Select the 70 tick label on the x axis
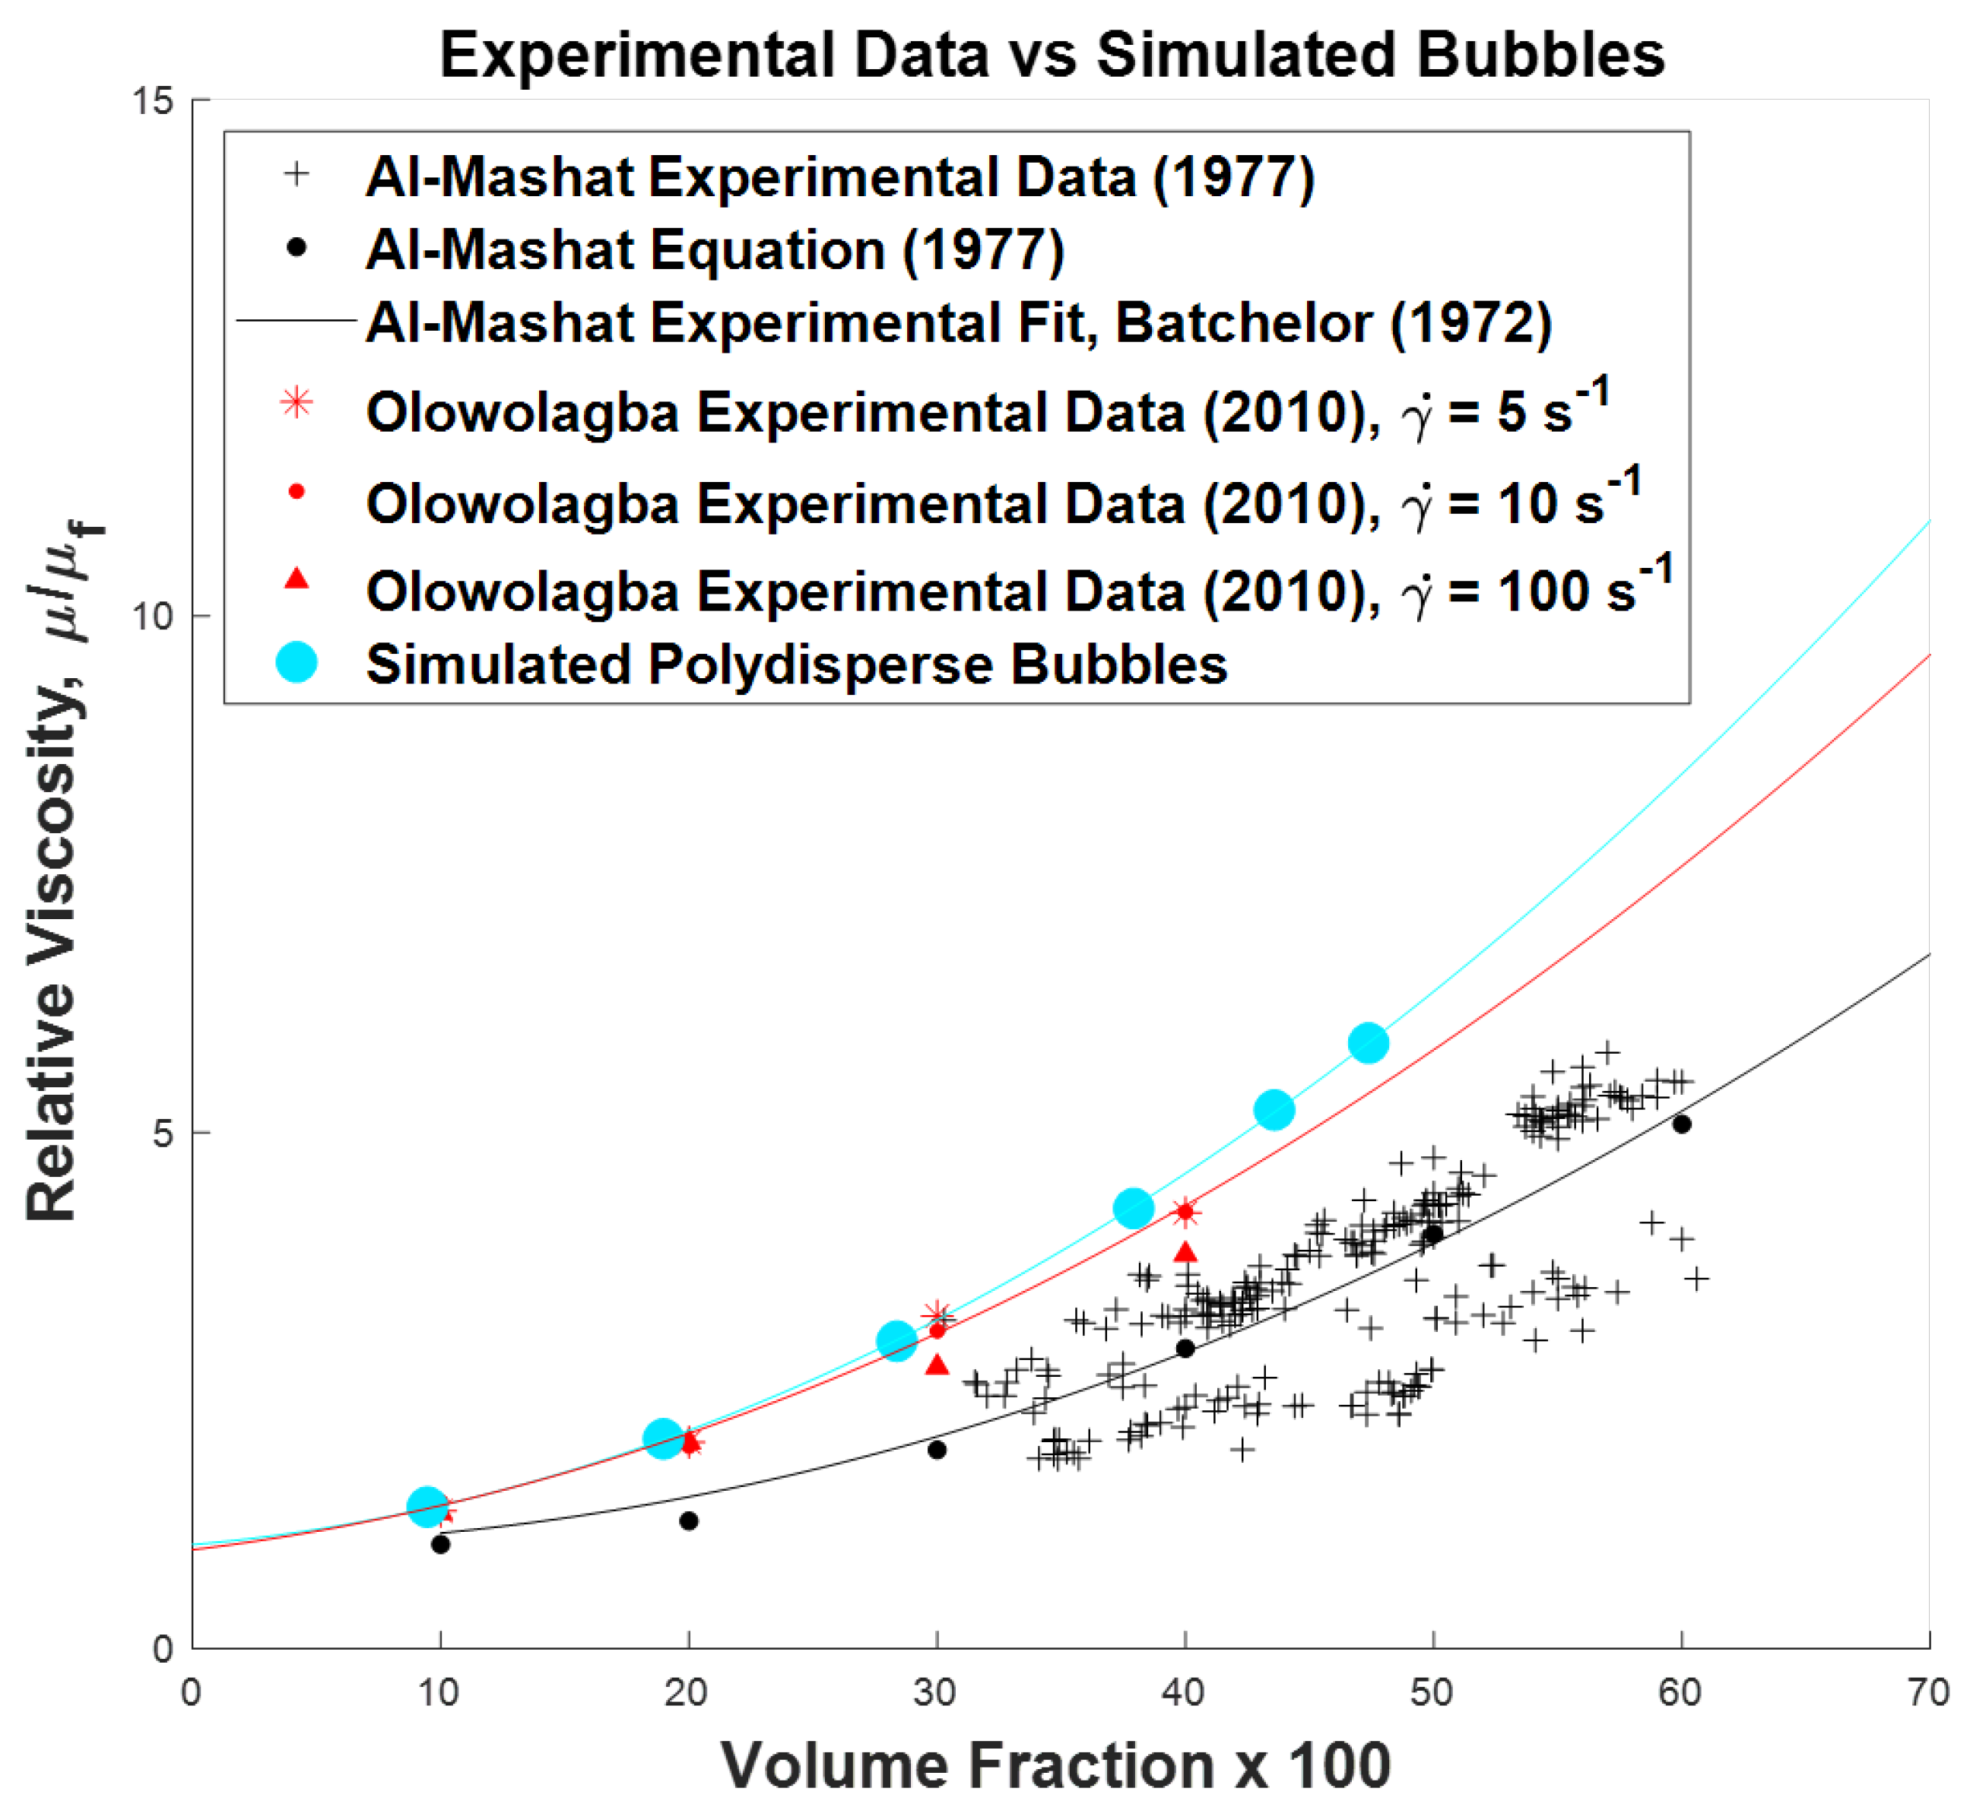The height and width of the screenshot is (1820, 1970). [x=1927, y=1693]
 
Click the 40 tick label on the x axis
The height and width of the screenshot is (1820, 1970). [x=1183, y=1693]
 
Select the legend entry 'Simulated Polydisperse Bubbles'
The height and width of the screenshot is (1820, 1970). [x=796, y=664]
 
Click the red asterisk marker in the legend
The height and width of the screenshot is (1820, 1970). [x=297, y=403]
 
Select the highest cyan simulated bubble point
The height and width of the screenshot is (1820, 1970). [x=1368, y=1042]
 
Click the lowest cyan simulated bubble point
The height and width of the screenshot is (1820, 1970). [x=427, y=1505]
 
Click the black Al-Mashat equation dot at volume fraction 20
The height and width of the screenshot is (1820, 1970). [x=690, y=1521]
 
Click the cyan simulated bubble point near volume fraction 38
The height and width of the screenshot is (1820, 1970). [x=1133, y=1207]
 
